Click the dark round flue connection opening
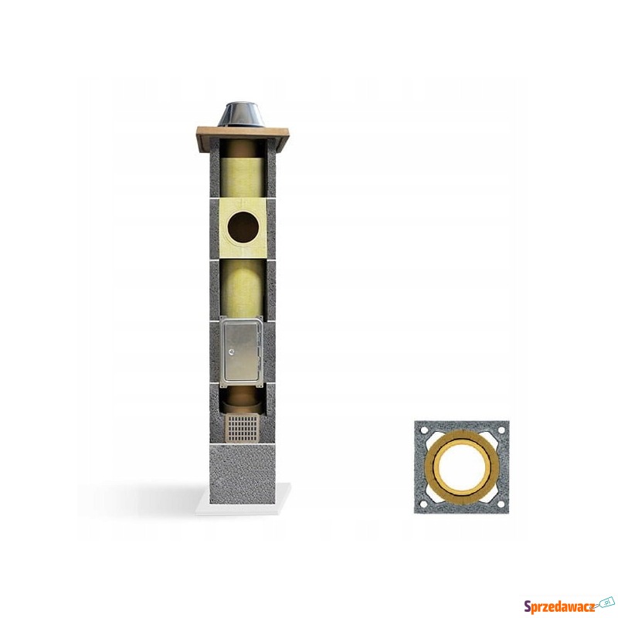[243, 227]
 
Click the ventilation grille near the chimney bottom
[243, 428]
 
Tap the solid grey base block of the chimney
[243, 473]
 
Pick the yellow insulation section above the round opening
[242, 178]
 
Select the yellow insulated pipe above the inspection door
[242, 288]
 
